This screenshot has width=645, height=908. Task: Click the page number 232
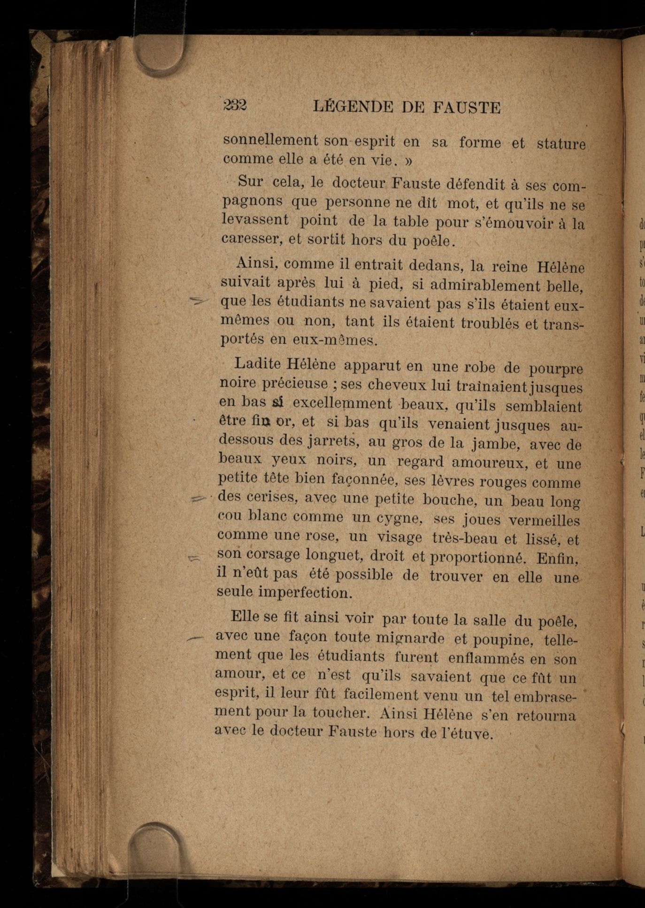tap(235, 105)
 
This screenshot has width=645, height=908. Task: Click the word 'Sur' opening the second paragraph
tap(251, 181)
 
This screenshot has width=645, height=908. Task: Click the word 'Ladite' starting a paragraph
tap(256, 364)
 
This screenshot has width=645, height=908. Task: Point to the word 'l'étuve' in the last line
tap(467, 733)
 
